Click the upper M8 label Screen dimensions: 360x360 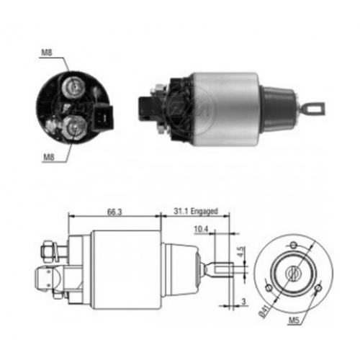(46, 53)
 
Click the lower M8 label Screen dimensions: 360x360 (49, 157)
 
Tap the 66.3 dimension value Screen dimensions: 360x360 (114, 212)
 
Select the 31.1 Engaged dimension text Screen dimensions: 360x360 (196, 211)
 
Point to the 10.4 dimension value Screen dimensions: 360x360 (201, 230)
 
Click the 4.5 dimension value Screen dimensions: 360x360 (241, 251)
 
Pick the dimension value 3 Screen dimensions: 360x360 (243, 302)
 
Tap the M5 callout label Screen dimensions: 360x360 (294, 320)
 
